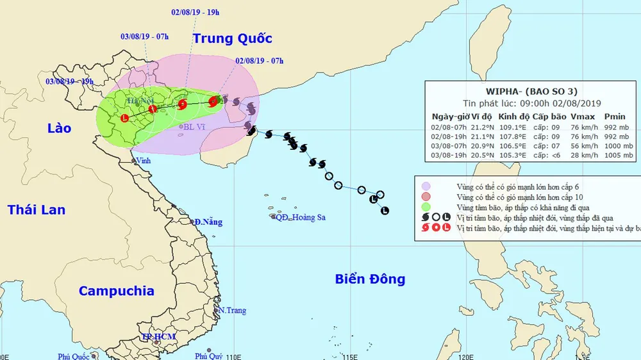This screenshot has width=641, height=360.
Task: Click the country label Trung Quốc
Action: coord(233,38)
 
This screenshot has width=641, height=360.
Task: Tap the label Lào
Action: coord(58,128)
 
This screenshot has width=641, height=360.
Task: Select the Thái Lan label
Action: coord(37,209)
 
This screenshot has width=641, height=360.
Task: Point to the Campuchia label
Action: coord(116,291)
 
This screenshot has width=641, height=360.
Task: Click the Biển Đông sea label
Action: coord(370,279)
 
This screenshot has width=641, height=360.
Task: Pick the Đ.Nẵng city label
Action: coord(209,222)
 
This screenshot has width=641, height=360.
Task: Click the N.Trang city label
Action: coord(232,311)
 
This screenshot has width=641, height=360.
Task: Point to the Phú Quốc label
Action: coord(72,356)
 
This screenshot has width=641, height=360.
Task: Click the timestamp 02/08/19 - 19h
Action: coord(196,12)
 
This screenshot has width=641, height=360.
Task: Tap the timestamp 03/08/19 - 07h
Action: coord(144,36)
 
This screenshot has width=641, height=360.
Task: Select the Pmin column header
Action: coord(615,117)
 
